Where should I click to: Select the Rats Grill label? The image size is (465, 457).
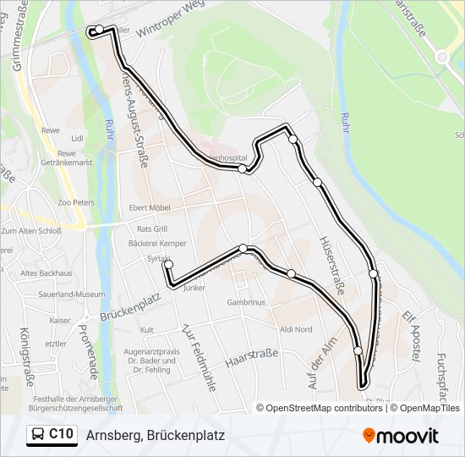click(x=152, y=228)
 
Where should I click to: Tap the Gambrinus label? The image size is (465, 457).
click(x=246, y=302)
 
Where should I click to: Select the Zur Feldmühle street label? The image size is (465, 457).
click(x=200, y=350)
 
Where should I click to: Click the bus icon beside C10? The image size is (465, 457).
click(x=38, y=435)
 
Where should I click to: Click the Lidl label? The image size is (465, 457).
click(x=79, y=138)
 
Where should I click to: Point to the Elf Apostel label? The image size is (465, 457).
click(x=411, y=337)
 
